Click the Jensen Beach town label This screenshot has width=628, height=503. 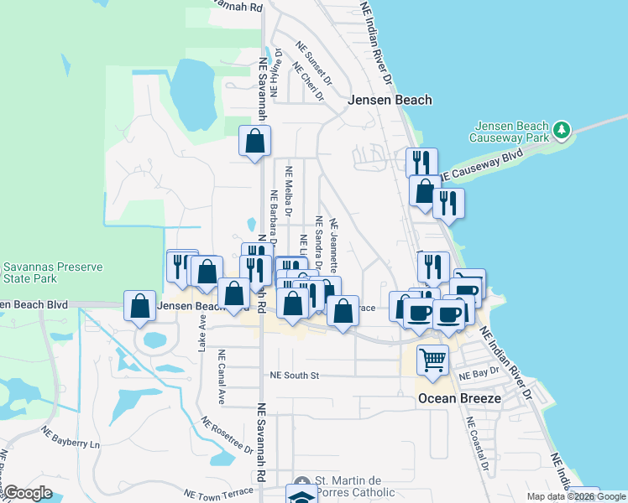(390, 100)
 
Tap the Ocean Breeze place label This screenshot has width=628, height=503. (459, 399)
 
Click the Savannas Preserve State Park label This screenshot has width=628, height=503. (51, 272)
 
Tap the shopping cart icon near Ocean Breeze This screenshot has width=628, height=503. (432, 360)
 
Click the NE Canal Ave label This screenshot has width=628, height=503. (222, 376)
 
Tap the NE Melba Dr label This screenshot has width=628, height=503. (288, 190)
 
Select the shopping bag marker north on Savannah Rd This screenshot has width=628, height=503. (254, 142)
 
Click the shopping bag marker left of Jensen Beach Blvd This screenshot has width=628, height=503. (139, 306)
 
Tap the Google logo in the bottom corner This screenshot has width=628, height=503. (28, 493)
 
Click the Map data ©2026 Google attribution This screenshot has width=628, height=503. (577, 496)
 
